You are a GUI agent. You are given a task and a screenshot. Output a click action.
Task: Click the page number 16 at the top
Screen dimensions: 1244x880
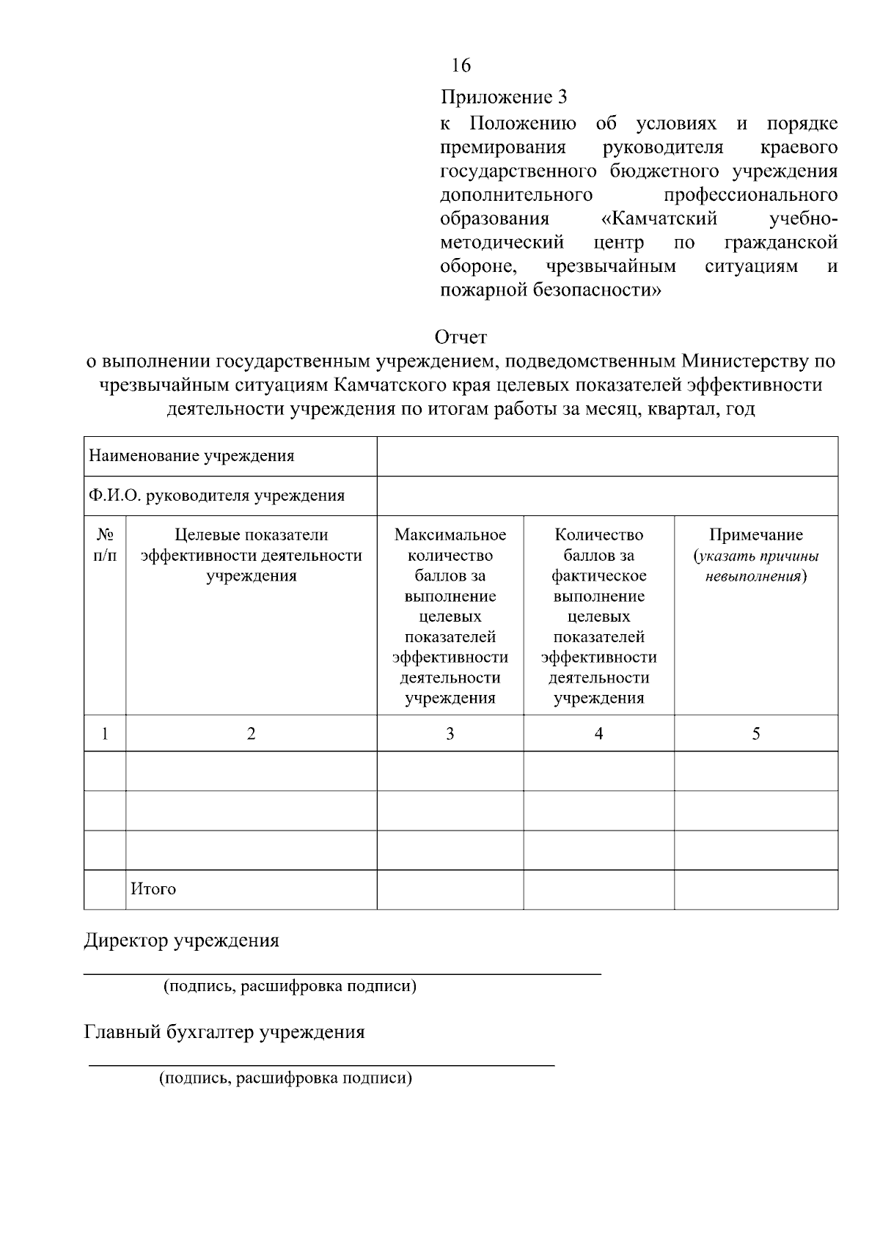(461, 66)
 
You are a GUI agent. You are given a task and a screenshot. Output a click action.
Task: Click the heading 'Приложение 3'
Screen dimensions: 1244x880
(504, 97)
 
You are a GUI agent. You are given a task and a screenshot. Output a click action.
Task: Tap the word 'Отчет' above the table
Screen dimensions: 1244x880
(461, 337)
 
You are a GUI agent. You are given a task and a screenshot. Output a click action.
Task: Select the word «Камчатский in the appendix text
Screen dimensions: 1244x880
(658, 219)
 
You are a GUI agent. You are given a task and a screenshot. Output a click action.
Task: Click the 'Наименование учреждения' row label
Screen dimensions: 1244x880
(191, 456)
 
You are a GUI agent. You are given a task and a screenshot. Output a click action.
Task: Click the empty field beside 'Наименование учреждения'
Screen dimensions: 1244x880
(607, 457)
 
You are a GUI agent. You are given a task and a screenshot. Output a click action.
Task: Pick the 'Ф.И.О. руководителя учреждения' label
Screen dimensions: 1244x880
(216, 496)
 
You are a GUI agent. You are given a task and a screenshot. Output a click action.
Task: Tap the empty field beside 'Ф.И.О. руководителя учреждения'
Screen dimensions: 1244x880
(607, 496)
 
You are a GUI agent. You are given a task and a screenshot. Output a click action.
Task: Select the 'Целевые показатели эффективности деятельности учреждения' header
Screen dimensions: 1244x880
(251, 555)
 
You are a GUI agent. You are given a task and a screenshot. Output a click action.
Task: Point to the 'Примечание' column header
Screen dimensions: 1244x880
(756, 535)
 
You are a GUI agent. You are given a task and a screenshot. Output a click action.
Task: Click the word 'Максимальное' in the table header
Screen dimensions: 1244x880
(450, 535)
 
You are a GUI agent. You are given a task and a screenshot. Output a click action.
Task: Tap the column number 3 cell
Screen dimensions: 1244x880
(450, 733)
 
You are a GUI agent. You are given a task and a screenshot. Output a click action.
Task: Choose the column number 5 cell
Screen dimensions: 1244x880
(756, 733)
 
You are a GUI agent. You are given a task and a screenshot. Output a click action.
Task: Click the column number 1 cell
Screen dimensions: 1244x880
(105, 733)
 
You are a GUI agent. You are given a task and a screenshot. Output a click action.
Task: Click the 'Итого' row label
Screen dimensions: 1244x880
(153, 889)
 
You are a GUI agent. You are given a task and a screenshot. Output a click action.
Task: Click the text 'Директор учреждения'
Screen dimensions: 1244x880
(181, 941)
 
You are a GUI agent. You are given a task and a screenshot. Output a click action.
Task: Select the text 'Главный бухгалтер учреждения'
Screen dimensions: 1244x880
(224, 1032)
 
